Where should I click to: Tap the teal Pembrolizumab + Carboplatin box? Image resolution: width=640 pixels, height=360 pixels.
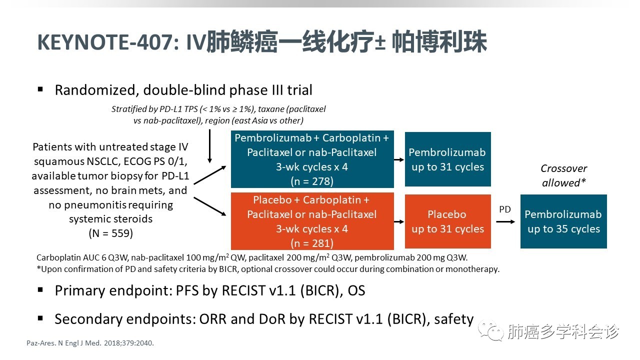pyautogui.click(x=312, y=159)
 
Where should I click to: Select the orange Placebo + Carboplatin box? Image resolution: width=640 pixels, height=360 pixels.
pyautogui.click(x=312, y=221)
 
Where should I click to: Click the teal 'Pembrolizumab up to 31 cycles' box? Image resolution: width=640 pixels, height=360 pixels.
pyautogui.click(x=447, y=159)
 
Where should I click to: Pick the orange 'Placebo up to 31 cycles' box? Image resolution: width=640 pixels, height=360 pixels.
pyautogui.click(x=447, y=221)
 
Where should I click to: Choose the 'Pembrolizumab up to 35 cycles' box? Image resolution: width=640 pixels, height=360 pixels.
pyautogui.click(x=563, y=221)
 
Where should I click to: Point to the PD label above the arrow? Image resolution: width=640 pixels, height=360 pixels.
pyautogui.click(x=505, y=209)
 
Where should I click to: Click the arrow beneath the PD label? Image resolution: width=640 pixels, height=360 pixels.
pyautogui.click(x=505, y=220)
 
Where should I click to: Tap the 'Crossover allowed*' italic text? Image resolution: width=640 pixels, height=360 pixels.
pyautogui.click(x=563, y=175)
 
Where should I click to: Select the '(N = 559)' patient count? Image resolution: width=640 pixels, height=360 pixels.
pyautogui.click(x=110, y=233)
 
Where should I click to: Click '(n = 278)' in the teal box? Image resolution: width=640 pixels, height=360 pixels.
pyautogui.click(x=312, y=181)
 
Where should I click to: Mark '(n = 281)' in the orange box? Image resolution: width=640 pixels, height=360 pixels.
pyautogui.click(x=312, y=243)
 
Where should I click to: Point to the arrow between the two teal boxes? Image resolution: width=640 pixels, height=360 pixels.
pyautogui.click(x=398, y=159)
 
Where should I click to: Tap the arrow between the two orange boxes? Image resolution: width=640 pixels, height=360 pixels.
pyautogui.click(x=398, y=221)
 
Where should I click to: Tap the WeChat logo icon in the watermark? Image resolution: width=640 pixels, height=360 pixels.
pyautogui.click(x=489, y=330)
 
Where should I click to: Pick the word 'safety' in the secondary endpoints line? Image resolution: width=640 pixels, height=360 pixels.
pyautogui.click(x=453, y=318)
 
